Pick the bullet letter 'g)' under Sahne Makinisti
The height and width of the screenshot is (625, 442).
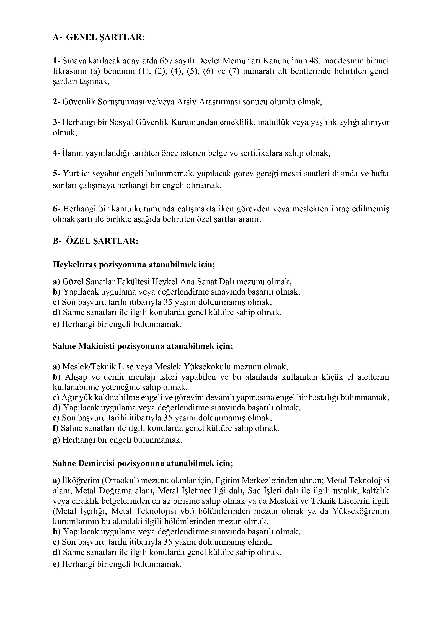coord(56,440)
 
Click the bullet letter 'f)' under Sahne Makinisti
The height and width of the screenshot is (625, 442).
coord(56,428)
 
